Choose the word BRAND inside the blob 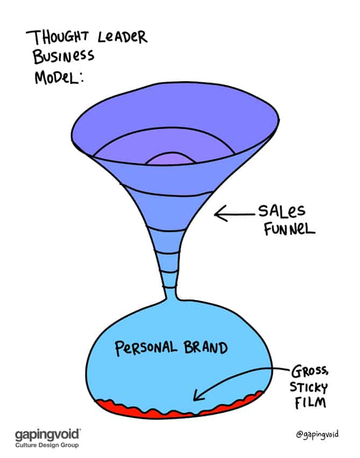click(206, 348)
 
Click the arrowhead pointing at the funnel click(218, 215)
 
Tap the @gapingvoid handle click(318, 434)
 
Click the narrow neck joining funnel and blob click(170, 293)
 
